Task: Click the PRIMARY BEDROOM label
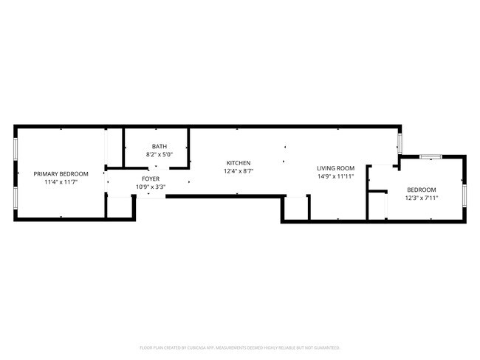pyautogui.click(x=61, y=174)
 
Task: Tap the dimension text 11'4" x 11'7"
pyautogui.click(x=61, y=182)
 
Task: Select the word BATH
pyautogui.click(x=160, y=146)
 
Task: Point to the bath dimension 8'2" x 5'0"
pyautogui.click(x=160, y=154)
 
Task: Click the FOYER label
pyautogui.click(x=151, y=179)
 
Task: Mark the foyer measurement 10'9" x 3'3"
pyautogui.click(x=151, y=187)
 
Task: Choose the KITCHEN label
pyautogui.click(x=238, y=163)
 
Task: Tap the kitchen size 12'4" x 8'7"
pyautogui.click(x=238, y=171)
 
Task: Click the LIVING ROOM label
pyautogui.click(x=336, y=168)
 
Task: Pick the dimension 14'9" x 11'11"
pyautogui.click(x=336, y=176)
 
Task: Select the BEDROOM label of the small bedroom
pyautogui.click(x=421, y=190)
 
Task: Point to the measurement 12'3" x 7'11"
pyautogui.click(x=421, y=198)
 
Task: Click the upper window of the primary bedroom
pyautogui.click(x=16, y=150)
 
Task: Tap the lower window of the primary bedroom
pyautogui.click(x=16, y=197)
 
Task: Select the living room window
pyautogui.click(x=400, y=142)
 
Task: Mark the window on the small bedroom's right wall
pyautogui.click(x=464, y=193)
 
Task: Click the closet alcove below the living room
pyautogui.click(x=295, y=209)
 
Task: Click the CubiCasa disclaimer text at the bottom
pyautogui.click(x=239, y=347)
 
